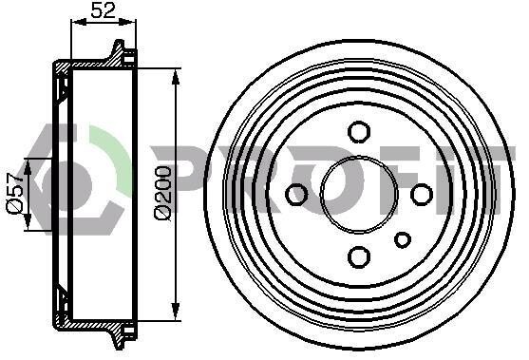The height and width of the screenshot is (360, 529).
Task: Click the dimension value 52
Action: pyautogui.click(x=104, y=9)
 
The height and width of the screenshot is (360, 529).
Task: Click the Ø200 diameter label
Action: pyautogui.click(x=163, y=193)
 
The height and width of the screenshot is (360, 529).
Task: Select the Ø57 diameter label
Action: pyautogui.click(x=15, y=193)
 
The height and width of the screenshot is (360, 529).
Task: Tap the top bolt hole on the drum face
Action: pyautogui.click(x=359, y=132)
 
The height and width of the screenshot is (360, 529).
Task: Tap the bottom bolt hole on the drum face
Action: pyautogui.click(x=359, y=257)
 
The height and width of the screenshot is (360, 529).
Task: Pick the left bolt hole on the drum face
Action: pyautogui.click(x=296, y=195)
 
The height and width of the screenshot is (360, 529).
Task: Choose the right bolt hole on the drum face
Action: pyautogui.click(x=422, y=195)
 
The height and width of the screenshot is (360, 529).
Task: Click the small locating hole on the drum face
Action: pyautogui.click(x=403, y=240)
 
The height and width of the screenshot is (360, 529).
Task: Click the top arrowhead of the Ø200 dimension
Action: pyautogui.click(x=175, y=77)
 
